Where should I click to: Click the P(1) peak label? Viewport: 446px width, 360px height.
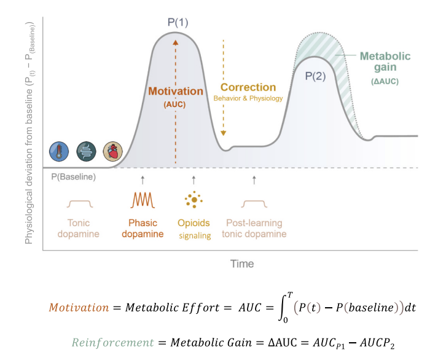point(178,23)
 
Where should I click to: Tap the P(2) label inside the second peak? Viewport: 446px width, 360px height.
point(315,76)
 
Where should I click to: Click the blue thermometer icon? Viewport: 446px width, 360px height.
point(59,151)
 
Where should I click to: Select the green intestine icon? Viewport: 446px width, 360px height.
point(86,151)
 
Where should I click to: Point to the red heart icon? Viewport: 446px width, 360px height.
point(113,151)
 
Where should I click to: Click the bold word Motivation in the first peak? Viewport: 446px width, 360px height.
point(176,92)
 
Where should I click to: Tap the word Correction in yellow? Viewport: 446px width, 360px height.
point(248,87)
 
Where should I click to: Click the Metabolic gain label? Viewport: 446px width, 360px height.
point(385,61)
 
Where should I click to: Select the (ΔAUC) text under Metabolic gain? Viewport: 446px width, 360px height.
point(385,81)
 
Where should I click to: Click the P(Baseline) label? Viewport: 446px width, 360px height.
point(73,177)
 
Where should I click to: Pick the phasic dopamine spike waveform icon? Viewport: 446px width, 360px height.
point(143,200)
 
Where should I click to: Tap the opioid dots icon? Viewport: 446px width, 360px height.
point(194,199)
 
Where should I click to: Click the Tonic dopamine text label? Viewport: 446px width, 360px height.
point(79,229)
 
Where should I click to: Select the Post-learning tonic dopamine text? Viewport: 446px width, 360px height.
point(254,229)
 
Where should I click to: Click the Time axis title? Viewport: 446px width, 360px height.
point(242,264)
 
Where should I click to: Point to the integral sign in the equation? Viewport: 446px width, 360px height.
point(283,307)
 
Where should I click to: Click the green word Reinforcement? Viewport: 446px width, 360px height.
point(112,342)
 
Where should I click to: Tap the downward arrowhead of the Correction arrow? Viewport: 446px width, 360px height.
point(223,133)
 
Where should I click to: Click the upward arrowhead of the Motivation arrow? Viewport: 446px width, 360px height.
point(176,42)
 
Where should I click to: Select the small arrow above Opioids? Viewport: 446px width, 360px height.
point(194,180)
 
